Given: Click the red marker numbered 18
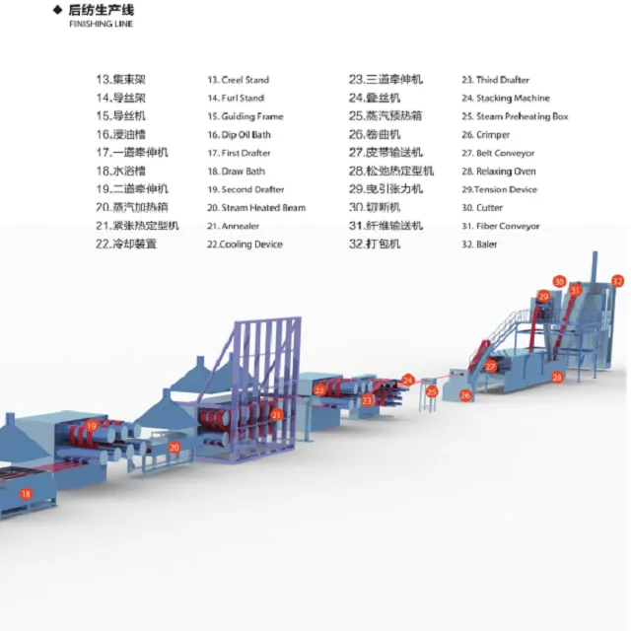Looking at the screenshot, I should point(26,493).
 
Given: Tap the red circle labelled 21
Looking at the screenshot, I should point(277,415).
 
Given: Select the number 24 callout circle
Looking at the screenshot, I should point(408,379).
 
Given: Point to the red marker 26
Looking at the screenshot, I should point(466,395).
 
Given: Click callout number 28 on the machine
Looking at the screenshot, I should point(557,378).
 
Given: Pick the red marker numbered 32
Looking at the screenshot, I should point(618,281).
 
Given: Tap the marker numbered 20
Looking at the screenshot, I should point(175,447).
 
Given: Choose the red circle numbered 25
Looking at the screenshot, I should point(432,391).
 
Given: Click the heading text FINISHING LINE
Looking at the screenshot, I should point(101,24).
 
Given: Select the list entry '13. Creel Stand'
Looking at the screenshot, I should point(238,80).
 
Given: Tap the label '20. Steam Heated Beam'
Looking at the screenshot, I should point(256,208).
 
